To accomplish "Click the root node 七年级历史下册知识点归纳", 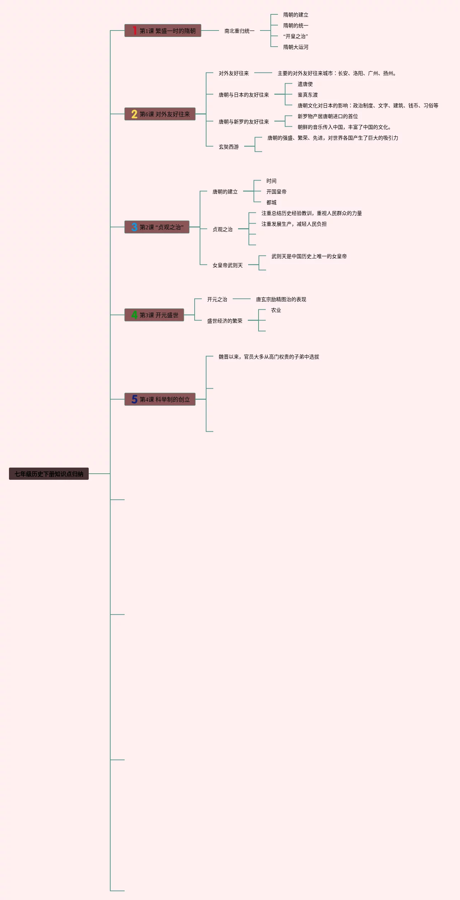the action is tap(49, 474).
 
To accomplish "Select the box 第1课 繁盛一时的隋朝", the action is tap(163, 31).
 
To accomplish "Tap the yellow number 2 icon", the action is tap(134, 114).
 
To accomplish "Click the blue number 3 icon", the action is tap(134, 227).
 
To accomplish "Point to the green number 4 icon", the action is tap(134, 315).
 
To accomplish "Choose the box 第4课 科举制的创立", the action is tap(160, 399).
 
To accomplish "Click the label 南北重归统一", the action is tap(239, 31).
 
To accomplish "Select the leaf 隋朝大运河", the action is tap(296, 47).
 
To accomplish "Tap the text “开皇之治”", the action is tap(295, 36).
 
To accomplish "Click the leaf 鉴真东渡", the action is tap(307, 95).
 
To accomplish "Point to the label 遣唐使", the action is tap(305, 84).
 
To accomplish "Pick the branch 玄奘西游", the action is tap(228, 147).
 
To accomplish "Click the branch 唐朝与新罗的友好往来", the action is tap(243, 122).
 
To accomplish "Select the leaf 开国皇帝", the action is tap(276, 192).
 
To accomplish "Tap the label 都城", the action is tap(271, 202).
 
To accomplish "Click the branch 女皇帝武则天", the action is tap(227, 265).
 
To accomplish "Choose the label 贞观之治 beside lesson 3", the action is tap(222, 229).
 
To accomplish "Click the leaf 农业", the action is tap(276, 310).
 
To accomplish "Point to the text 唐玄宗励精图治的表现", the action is tap(281, 299).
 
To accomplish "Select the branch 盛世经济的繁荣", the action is tap(224, 321).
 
